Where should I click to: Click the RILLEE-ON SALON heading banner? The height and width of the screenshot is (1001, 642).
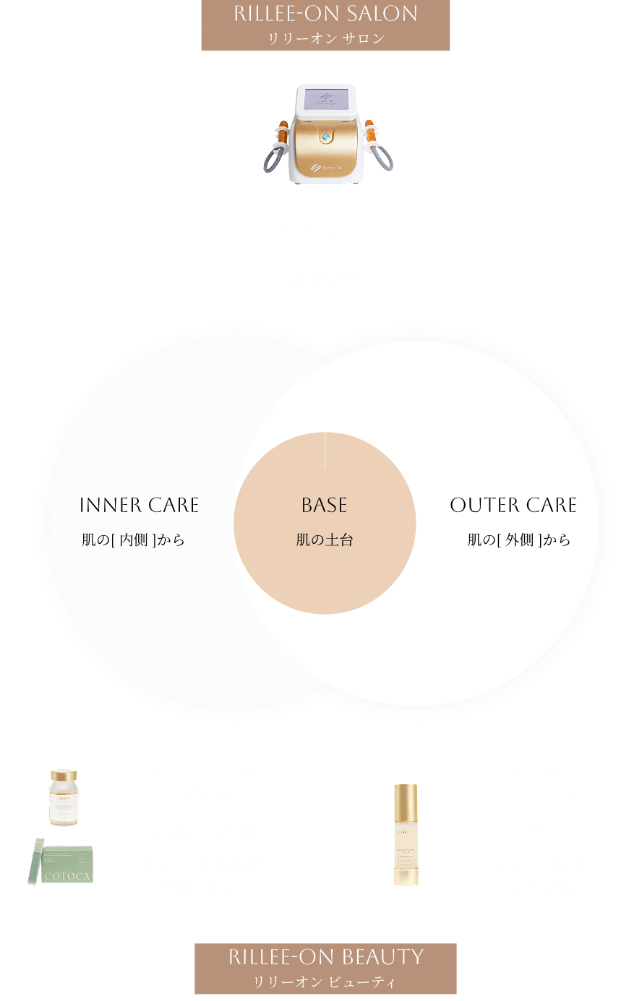[325, 25]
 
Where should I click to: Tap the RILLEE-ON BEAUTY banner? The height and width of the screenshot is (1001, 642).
[325, 968]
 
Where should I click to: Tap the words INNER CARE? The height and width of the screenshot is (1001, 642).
[139, 506]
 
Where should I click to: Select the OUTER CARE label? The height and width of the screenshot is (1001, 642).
[513, 506]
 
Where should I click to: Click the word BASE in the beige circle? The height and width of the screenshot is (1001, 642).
[325, 506]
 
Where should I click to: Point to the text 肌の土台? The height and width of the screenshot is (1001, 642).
[325, 540]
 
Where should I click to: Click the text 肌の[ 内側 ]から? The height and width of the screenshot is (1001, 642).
[133, 540]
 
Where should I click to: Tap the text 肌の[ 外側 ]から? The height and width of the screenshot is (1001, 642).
[518, 540]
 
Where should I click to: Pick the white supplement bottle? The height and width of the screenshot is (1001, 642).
[64, 797]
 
